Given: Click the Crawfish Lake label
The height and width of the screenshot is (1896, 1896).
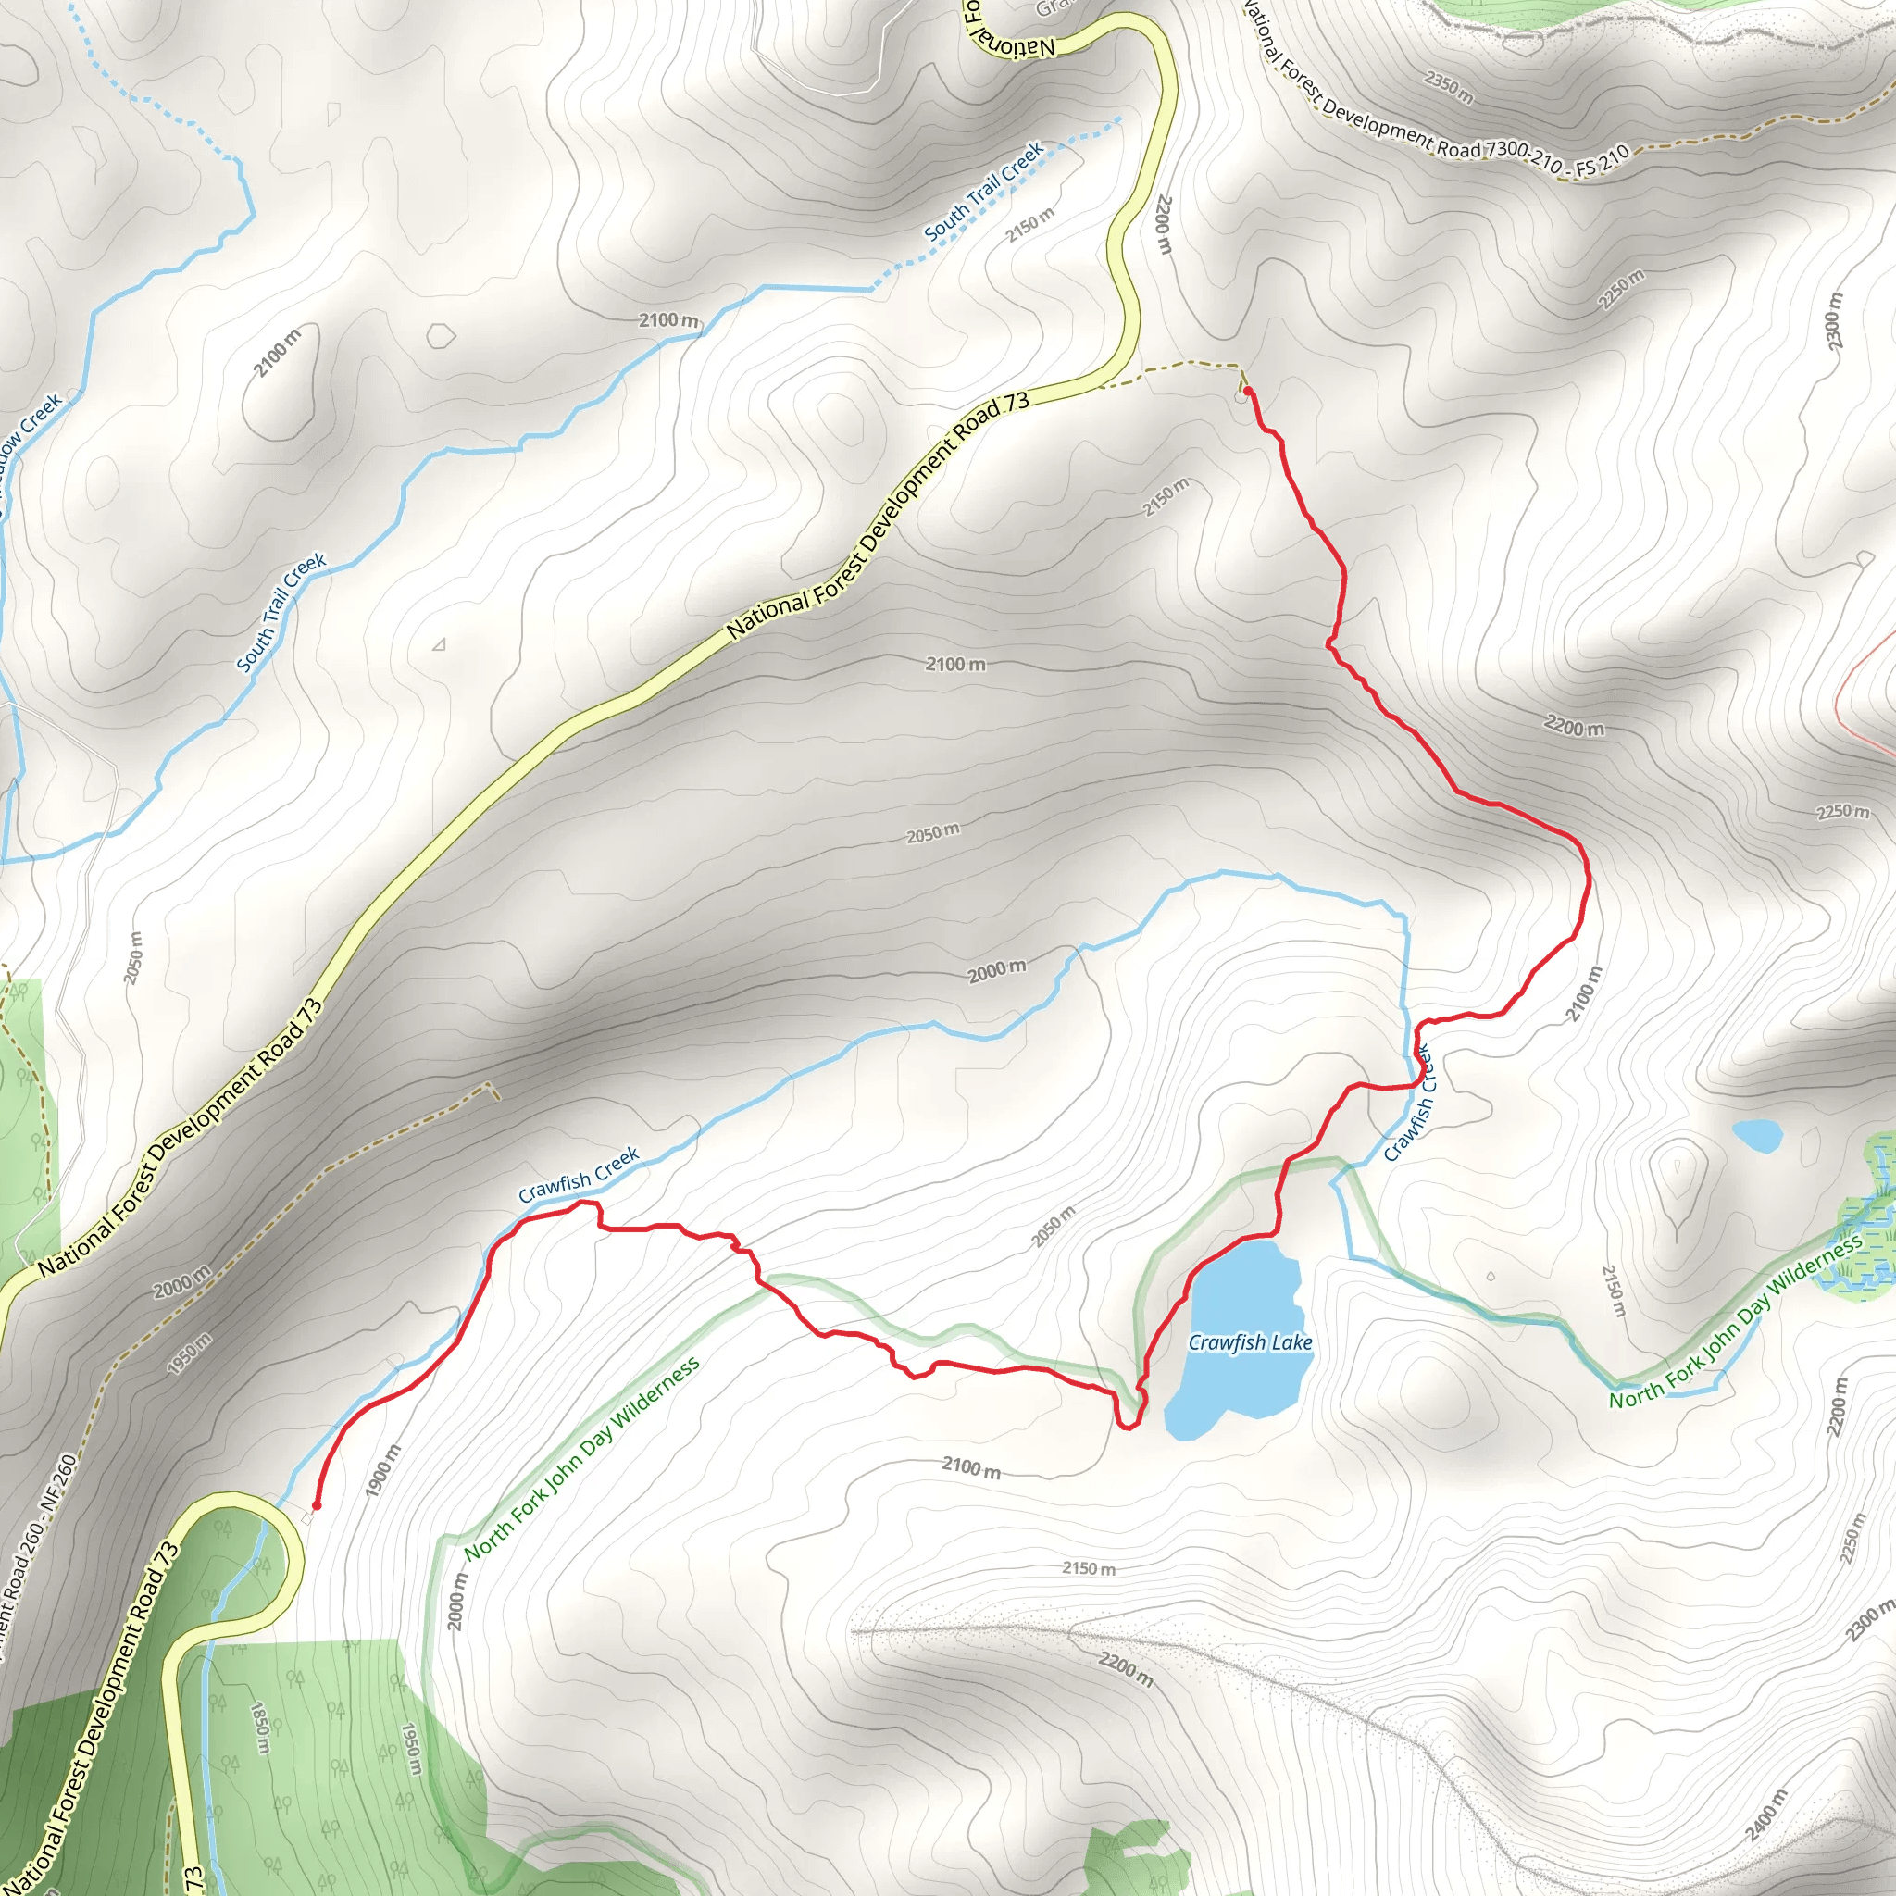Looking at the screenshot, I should (1249, 1342).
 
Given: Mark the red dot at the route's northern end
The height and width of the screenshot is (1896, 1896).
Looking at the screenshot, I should (1247, 391).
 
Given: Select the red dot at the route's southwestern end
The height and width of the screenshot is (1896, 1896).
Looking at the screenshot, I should (316, 1505).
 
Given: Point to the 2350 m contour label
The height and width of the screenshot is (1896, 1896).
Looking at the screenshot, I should (1449, 88).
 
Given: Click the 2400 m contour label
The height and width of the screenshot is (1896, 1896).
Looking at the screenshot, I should (1767, 1815).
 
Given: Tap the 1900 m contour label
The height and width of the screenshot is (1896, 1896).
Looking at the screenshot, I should (382, 1470).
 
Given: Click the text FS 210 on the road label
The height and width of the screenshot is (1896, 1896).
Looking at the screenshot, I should (1603, 159).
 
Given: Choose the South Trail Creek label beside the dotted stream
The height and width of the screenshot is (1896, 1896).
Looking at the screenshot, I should (983, 193).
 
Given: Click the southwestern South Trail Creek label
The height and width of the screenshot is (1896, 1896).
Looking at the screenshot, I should (281, 614).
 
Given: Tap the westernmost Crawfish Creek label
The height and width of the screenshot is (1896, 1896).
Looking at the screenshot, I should (579, 1174).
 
